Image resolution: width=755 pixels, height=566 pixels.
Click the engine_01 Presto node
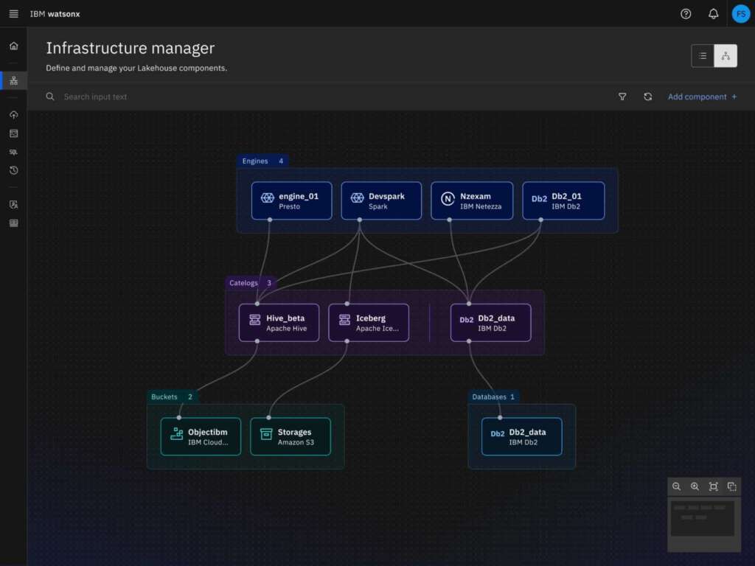click(291, 201)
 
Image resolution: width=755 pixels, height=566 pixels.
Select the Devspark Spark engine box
click(381, 201)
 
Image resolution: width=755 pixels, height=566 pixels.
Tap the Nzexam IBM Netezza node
click(472, 201)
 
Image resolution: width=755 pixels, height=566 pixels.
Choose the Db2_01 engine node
click(563, 201)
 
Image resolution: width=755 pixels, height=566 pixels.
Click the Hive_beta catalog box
click(279, 323)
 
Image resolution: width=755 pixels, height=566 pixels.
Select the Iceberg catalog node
click(369, 323)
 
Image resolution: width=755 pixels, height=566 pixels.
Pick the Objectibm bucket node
click(201, 437)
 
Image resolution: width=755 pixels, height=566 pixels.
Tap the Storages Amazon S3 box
click(290, 437)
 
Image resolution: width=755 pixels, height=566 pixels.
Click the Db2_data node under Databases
click(521, 437)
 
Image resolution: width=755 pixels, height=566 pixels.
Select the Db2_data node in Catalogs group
click(490, 323)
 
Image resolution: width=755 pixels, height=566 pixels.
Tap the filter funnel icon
click(622, 97)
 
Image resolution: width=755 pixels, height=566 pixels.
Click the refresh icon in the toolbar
click(647, 97)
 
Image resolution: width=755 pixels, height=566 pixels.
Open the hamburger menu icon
click(13, 13)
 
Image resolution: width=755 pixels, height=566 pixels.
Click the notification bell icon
click(713, 13)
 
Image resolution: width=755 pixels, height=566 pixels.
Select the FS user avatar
click(740, 13)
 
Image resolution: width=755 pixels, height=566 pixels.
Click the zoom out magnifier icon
click(676, 486)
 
